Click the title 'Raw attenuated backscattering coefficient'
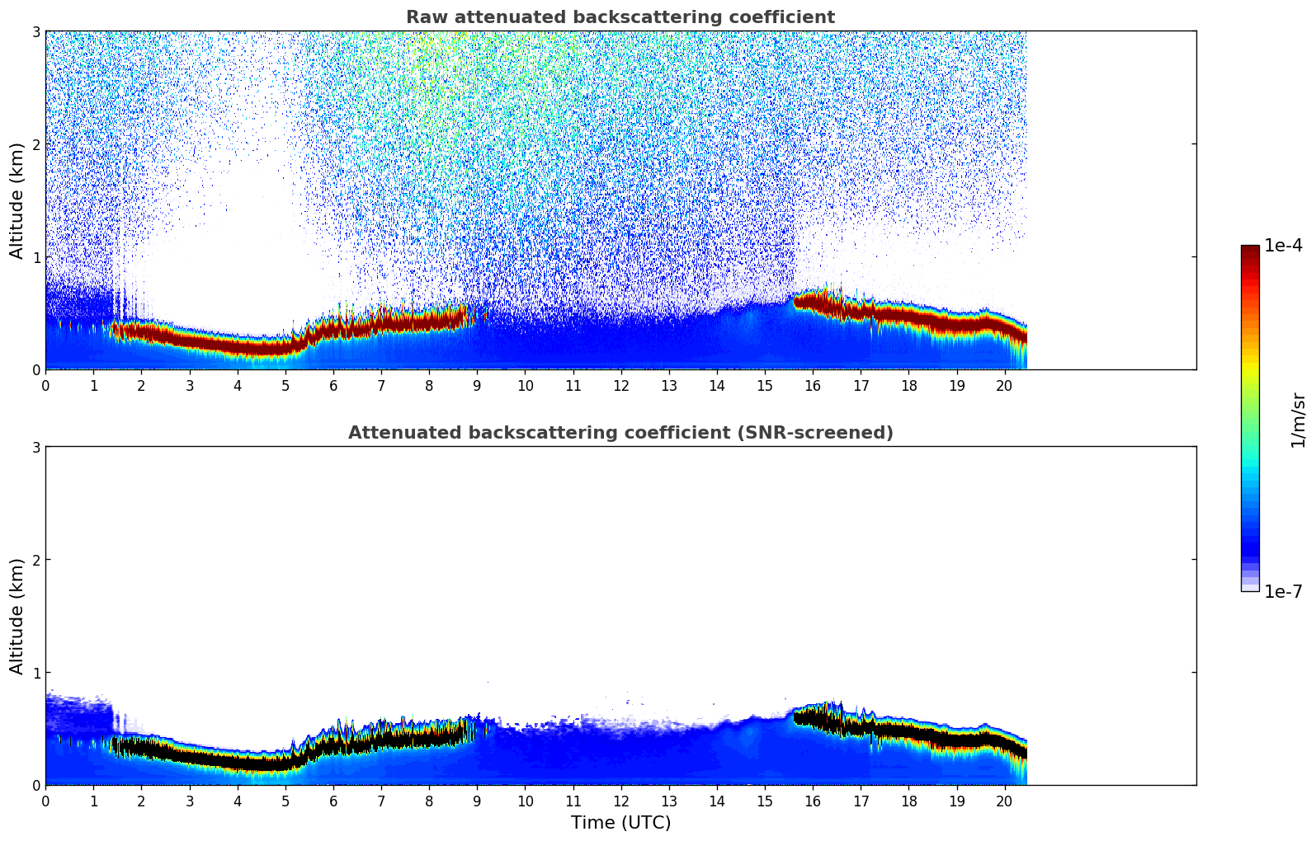point(620,17)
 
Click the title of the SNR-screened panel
point(620,433)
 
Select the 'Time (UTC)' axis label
point(620,823)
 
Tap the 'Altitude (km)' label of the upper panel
point(17,200)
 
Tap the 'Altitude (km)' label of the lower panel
point(17,616)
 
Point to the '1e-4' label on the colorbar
point(1283,246)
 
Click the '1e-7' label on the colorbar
point(1283,591)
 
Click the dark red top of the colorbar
point(1250,249)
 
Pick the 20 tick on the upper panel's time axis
point(1004,386)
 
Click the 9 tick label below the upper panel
point(477,386)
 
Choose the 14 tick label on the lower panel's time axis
point(716,801)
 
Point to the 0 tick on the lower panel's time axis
point(45,801)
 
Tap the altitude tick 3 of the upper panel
point(36,31)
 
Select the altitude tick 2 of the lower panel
point(36,560)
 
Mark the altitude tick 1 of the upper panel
point(36,257)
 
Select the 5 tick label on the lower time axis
point(285,801)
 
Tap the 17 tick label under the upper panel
point(861,386)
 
